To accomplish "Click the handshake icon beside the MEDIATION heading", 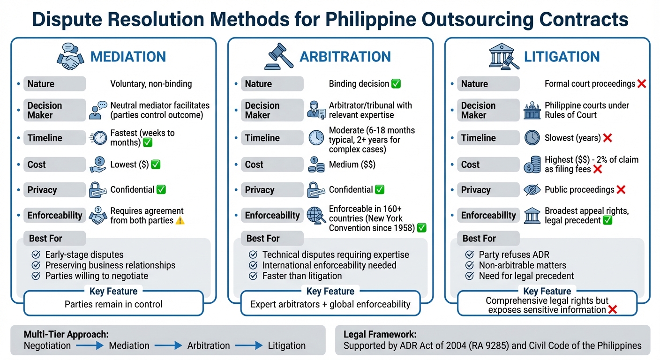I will [x=71, y=56].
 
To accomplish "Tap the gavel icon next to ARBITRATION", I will [x=279, y=57].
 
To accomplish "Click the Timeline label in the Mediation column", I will [x=45, y=138].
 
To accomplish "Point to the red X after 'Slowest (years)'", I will [x=607, y=138].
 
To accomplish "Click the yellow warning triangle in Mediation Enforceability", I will [x=180, y=221].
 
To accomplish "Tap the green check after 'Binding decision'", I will [x=396, y=84].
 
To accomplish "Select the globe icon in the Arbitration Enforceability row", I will [x=316, y=215].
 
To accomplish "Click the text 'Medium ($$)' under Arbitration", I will [x=352, y=165].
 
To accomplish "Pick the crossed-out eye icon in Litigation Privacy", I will [x=532, y=190].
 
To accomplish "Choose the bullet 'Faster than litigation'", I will [x=302, y=276].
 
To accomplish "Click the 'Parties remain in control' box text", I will [x=113, y=304].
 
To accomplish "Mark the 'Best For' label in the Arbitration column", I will [x=262, y=238].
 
